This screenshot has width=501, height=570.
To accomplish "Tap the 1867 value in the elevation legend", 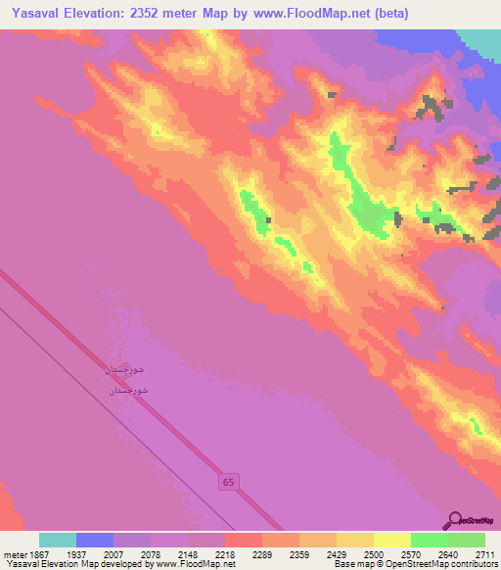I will pyautogui.click(x=38, y=553).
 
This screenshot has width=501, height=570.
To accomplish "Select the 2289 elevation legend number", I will pyautogui.click(x=261, y=553).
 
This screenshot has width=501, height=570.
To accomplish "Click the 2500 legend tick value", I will pyautogui.click(x=373, y=553).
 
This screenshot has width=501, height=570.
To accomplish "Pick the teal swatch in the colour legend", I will pyautogui.click(x=58, y=540).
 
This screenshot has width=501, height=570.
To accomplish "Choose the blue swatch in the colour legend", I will pyautogui.click(x=95, y=540).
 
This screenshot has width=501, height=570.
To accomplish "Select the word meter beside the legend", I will pyautogui.click(x=13, y=553).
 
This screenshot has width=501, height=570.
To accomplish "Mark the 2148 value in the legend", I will pyautogui.click(x=187, y=553).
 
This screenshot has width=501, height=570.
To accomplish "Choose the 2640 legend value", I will pyautogui.click(x=447, y=553).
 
